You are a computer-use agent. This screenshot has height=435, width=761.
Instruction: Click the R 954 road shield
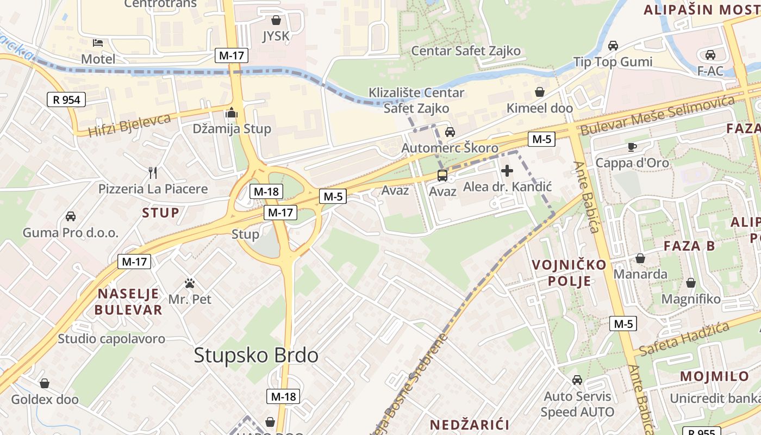pyautogui.click(x=66, y=100)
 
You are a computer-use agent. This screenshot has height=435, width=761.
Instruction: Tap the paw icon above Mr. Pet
pyautogui.click(x=190, y=283)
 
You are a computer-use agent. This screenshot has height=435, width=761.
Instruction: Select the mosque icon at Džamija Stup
pyautogui.click(x=232, y=113)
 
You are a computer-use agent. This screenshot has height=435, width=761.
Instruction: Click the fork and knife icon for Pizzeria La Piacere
pyautogui.click(x=153, y=173)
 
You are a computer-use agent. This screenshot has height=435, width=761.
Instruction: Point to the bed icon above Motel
pyautogui.click(x=98, y=42)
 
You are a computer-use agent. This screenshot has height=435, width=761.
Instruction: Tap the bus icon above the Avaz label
pyautogui.click(x=442, y=175)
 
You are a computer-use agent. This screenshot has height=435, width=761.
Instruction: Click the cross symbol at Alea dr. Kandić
pyautogui.click(x=507, y=171)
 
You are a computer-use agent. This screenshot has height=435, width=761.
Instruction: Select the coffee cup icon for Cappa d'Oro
pyautogui.click(x=632, y=147)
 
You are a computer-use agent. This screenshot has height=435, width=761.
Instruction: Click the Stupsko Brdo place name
pyautogui.click(x=256, y=356)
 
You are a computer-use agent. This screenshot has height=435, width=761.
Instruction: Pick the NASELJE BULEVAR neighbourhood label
pyautogui.click(x=129, y=302)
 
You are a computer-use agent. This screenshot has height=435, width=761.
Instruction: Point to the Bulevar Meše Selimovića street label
pyautogui.click(x=658, y=115)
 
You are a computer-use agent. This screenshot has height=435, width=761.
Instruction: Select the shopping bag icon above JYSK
pyautogui.click(x=276, y=20)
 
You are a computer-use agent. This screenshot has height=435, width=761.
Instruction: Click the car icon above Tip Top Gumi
pyautogui.click(x=613, y=45)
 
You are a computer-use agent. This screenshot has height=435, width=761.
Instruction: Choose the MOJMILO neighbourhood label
pyautogui.click(x=714, y=376)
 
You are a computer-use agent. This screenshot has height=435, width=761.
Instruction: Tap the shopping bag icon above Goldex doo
pyautogui.click(x=45, y=383)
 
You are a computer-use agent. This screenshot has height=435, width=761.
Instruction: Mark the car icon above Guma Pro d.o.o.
pyautogui.click(x=70, y=216)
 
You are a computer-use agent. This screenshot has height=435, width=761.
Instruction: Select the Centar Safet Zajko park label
pyautogui.click(x=466, y=51)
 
